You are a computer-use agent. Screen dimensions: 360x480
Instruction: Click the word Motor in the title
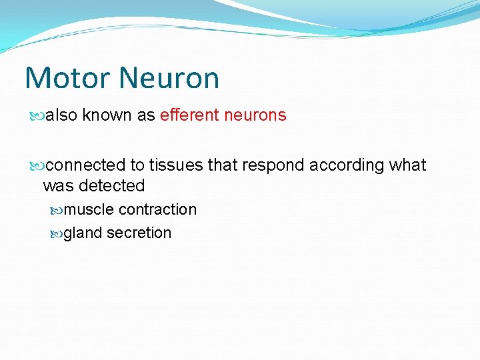click(x=65, y=78)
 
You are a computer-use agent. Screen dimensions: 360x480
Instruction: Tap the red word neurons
click(x=255, y=115)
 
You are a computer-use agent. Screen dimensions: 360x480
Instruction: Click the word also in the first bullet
click(x=62, y=115)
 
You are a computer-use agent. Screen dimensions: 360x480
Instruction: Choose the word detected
click(x=112, y=185)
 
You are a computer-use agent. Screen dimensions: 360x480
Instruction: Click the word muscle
click(x=89, y=209)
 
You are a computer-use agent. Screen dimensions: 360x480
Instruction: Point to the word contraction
click(x=157, y=209)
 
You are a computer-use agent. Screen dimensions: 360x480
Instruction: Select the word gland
click(x=83, y=233)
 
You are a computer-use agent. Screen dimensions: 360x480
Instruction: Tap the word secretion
click(x=139, y=233)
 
